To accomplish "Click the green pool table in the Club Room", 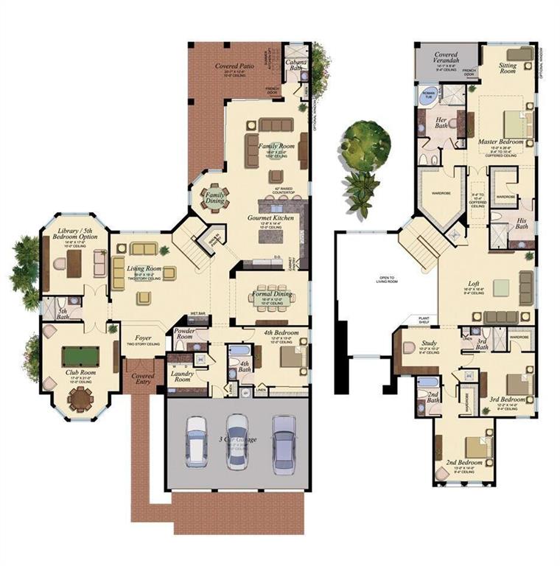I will [x=80, y=357].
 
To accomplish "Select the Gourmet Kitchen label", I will [x=272, y=218].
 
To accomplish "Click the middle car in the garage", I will [x=237, y=440].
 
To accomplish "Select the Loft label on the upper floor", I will [x=475, y=283].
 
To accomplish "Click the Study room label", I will [x=430, y=343].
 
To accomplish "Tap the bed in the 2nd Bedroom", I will [x=475, y=447].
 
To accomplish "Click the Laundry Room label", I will [x=181, y=377].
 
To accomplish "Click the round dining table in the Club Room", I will [x=80, y=399].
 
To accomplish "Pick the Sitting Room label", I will [x=508, y=68].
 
